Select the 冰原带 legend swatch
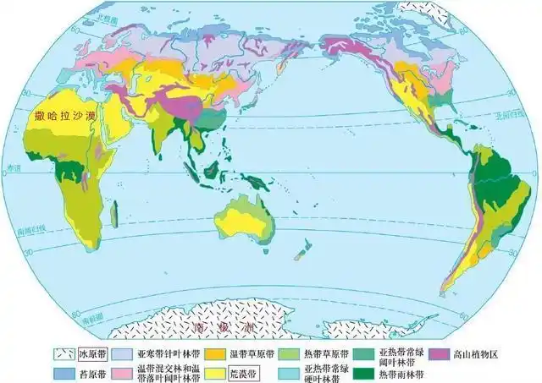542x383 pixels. click(64, 355)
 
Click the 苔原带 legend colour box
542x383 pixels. click(64, 372)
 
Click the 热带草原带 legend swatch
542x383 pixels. click(288, 355)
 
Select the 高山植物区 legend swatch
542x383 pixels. click(441, 355)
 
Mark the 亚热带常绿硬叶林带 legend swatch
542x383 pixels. click(288, 372)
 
